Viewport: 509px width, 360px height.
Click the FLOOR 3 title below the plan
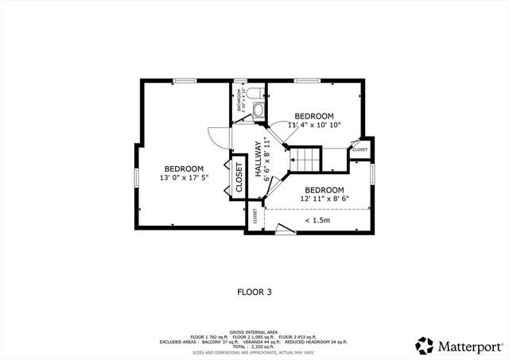point(254,292)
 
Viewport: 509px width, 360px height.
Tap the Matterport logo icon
point(425,346)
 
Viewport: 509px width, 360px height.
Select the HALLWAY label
point(258,158)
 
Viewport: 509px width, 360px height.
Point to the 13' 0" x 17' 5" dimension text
point(184,178)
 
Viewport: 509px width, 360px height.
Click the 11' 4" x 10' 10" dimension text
point(315,125)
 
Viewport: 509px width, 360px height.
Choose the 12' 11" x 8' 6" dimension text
point(324,199)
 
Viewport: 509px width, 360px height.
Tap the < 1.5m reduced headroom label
point(318,220)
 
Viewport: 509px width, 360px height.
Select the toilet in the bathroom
point(254,95)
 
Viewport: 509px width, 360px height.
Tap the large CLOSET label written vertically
point(239,179)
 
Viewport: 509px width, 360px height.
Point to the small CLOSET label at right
point(359,149)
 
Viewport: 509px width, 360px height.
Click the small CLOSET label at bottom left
point(255,217)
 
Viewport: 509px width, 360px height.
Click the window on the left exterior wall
point(136,178)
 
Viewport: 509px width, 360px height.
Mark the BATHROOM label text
point(241,100)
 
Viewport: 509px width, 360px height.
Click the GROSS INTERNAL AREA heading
point(254,331)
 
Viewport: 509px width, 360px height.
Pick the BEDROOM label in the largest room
point(184,168)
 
